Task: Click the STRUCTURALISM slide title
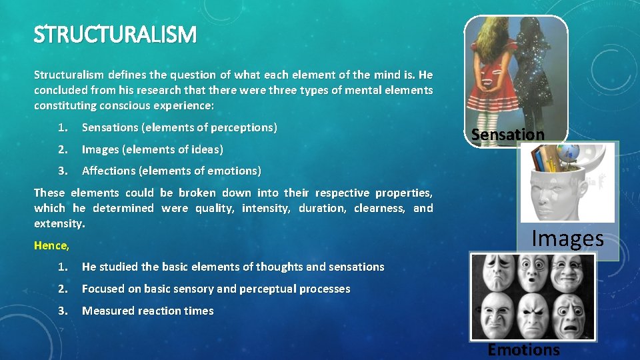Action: (x=115, y=34)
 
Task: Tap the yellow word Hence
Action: (x=51, y=245)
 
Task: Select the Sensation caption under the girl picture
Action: (x=508, y=135)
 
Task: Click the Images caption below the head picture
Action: (x=567, y=239)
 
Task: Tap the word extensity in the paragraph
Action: (x=59, y=223)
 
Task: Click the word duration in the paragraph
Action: (x=323, y=208)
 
